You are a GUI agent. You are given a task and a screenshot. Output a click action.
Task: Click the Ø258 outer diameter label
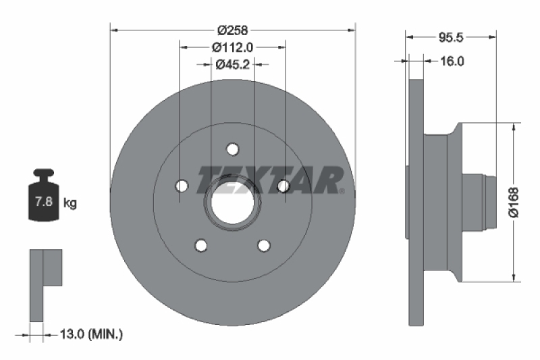tap(232, 30)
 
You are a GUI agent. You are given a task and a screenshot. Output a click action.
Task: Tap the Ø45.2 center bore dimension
tap(232, 64)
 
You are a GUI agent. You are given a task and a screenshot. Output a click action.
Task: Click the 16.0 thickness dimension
tap(452, 61)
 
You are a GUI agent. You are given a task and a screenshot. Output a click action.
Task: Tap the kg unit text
tap(70, 202)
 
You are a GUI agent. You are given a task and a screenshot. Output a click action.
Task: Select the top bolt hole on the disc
tap(232, 149)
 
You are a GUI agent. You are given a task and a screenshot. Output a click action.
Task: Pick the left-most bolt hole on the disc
tap(180, 186)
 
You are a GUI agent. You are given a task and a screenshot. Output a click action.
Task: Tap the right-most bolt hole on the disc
tap(284, 186)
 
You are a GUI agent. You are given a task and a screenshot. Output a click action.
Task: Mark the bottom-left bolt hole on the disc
tap(200, 245)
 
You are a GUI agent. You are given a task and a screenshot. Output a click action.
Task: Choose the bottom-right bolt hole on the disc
tap(264, 245)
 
